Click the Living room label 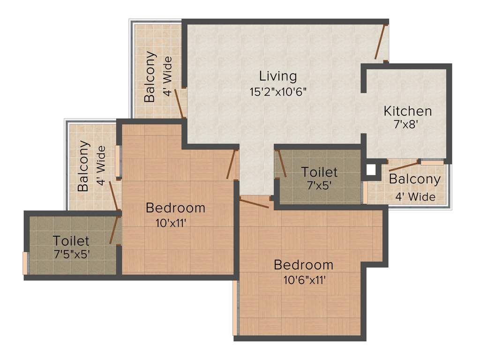click(x=278, y=75)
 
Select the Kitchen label click(x=407, y=111)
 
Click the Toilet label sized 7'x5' click(x=319, y=172)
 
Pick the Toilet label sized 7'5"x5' click(x=71, y=241)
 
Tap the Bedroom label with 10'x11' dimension click(x=175, y=207)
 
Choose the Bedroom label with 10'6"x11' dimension click(x=303, y=264)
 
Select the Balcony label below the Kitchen click(x=415, y=180)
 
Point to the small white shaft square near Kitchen click(x=371, y=169)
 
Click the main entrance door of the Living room click(x=380, y=42)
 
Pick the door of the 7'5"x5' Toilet click(x=114, y=230)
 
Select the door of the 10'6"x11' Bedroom click(x=254, y=202)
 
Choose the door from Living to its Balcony click(x=179, y=103)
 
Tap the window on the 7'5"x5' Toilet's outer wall click(x=25, y=263)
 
